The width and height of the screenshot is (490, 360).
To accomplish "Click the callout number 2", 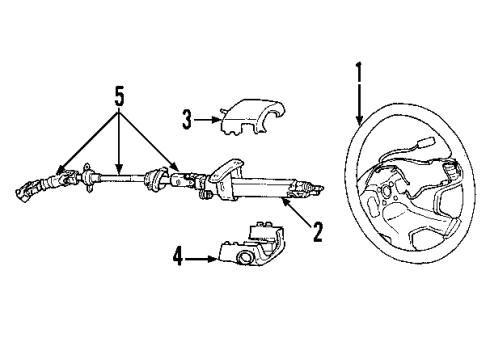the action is tap(318, 233).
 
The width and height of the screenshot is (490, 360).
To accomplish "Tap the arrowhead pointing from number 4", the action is tap(215, 259).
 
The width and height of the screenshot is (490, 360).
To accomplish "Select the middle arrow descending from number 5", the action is tap(119, 168).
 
